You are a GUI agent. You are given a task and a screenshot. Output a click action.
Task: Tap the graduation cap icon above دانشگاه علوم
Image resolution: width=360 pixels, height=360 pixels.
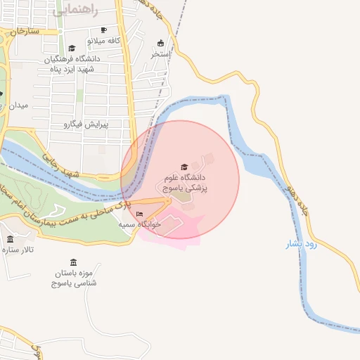tap(185, 167)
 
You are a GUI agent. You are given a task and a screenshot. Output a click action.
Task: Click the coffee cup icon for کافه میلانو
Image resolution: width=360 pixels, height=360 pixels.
tap(104, 30)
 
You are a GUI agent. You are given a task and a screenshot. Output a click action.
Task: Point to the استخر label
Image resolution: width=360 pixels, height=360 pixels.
tap(161, 53)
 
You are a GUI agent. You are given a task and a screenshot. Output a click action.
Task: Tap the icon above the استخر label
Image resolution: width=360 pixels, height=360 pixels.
tap(161, 43)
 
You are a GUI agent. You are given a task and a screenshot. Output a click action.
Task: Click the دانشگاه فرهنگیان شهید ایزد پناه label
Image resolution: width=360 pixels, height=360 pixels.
tap(74, 63)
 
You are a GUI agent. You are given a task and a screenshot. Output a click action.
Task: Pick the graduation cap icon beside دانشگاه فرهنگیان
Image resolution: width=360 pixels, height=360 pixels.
tap(71, 48)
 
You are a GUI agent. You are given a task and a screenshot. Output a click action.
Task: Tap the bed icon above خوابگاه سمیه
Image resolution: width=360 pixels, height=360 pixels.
tap(139, 214)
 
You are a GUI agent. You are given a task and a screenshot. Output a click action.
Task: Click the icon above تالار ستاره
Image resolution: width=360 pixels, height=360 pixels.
tap(10, 240)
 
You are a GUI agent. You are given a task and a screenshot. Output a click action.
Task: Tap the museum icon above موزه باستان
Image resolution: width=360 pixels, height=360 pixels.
tap(74, 262)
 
